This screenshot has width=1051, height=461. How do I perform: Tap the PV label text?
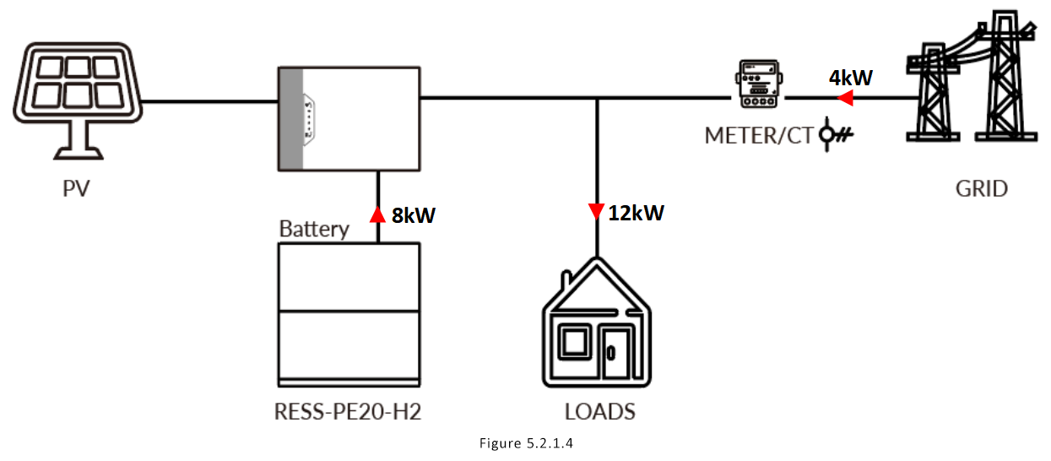click(76, 187)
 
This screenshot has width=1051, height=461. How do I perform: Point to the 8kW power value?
click(413, 215)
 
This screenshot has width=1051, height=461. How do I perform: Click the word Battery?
click(314, 229)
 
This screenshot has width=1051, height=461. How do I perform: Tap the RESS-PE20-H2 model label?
click(348, 412)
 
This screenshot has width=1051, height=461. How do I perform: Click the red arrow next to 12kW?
click(596, 211)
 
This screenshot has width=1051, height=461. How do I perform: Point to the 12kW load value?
click(636, 213)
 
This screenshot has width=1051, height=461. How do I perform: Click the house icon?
click(596, 329)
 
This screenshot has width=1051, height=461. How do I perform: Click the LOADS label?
click(599, 412)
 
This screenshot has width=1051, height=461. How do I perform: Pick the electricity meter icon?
click(756, 84)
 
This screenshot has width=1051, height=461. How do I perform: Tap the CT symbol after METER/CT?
click(837, 135)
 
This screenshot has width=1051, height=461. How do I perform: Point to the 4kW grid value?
click(850, 79)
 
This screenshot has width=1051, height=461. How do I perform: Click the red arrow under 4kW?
click(844, 100)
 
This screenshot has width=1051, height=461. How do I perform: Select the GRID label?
click(981, 187)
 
